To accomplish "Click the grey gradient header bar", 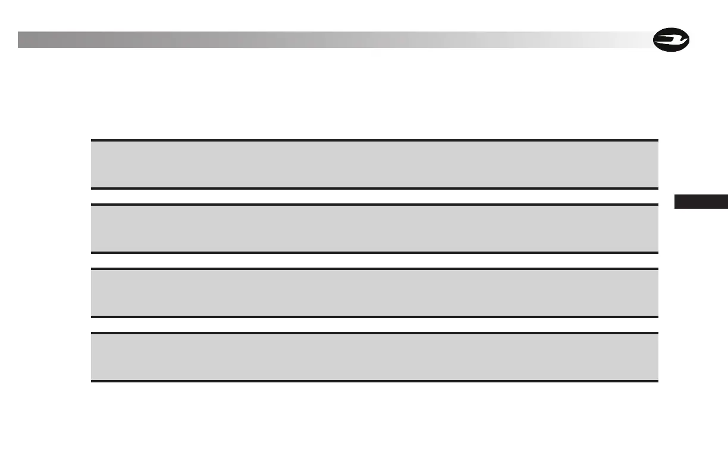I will tap(333, 40).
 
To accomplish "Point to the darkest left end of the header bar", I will tap(24, 40).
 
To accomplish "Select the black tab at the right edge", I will tap(701, 202).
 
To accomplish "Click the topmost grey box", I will tap(375, 165).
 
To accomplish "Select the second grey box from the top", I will tap(375, 229).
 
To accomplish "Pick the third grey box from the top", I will tap(375, 293).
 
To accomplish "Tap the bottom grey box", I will tap(375, 357).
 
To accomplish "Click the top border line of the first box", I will tap(375, 140).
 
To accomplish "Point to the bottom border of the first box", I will tap(375, 189).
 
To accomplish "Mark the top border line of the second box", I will tap(375, 205).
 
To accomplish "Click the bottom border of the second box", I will tap(375, 253).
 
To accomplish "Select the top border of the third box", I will tap(375, 269).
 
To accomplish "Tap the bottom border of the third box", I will tap(375, 317).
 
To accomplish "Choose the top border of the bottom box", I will tap(375, 333).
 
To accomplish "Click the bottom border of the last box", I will tap(375, 381).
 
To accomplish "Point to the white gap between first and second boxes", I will tap(375, 197).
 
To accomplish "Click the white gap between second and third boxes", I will tap(375, 261).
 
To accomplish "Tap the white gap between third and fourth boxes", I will tap(375, 325).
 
